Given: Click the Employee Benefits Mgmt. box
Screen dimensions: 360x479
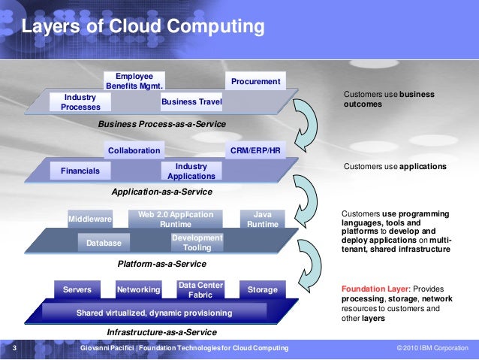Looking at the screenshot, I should click(x=134, y=81).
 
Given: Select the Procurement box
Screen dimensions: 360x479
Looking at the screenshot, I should click(x=255, y=81).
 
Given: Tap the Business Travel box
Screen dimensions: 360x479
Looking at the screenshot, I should click(x=191, y=101).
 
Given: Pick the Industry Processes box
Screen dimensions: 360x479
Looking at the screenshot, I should click(x=80, y=102).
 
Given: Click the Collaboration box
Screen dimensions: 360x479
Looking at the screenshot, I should click(x=134, y=151).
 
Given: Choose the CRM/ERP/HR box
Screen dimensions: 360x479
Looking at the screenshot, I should click(x=255, y=151).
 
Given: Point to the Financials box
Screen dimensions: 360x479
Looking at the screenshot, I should click(x=80, y=171).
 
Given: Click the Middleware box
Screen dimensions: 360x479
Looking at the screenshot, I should click(x=90, y=219).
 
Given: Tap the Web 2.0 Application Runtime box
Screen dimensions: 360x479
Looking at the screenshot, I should click(x=170, y=219).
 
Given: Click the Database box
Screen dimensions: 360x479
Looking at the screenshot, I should click(x=104, y=243).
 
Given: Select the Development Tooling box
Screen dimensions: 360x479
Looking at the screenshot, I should click(x=187, y=243).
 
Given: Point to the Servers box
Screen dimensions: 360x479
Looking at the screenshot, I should click(x=77, y=289).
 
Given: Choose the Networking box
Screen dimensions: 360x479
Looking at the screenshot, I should click(x=139, y=289).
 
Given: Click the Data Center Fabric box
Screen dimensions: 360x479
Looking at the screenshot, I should click(x=200, y=289).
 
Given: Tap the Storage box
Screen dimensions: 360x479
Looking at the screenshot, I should click(x=262, y=289).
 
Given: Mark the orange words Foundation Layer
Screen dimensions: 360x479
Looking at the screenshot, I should click(x=372, y=288).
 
